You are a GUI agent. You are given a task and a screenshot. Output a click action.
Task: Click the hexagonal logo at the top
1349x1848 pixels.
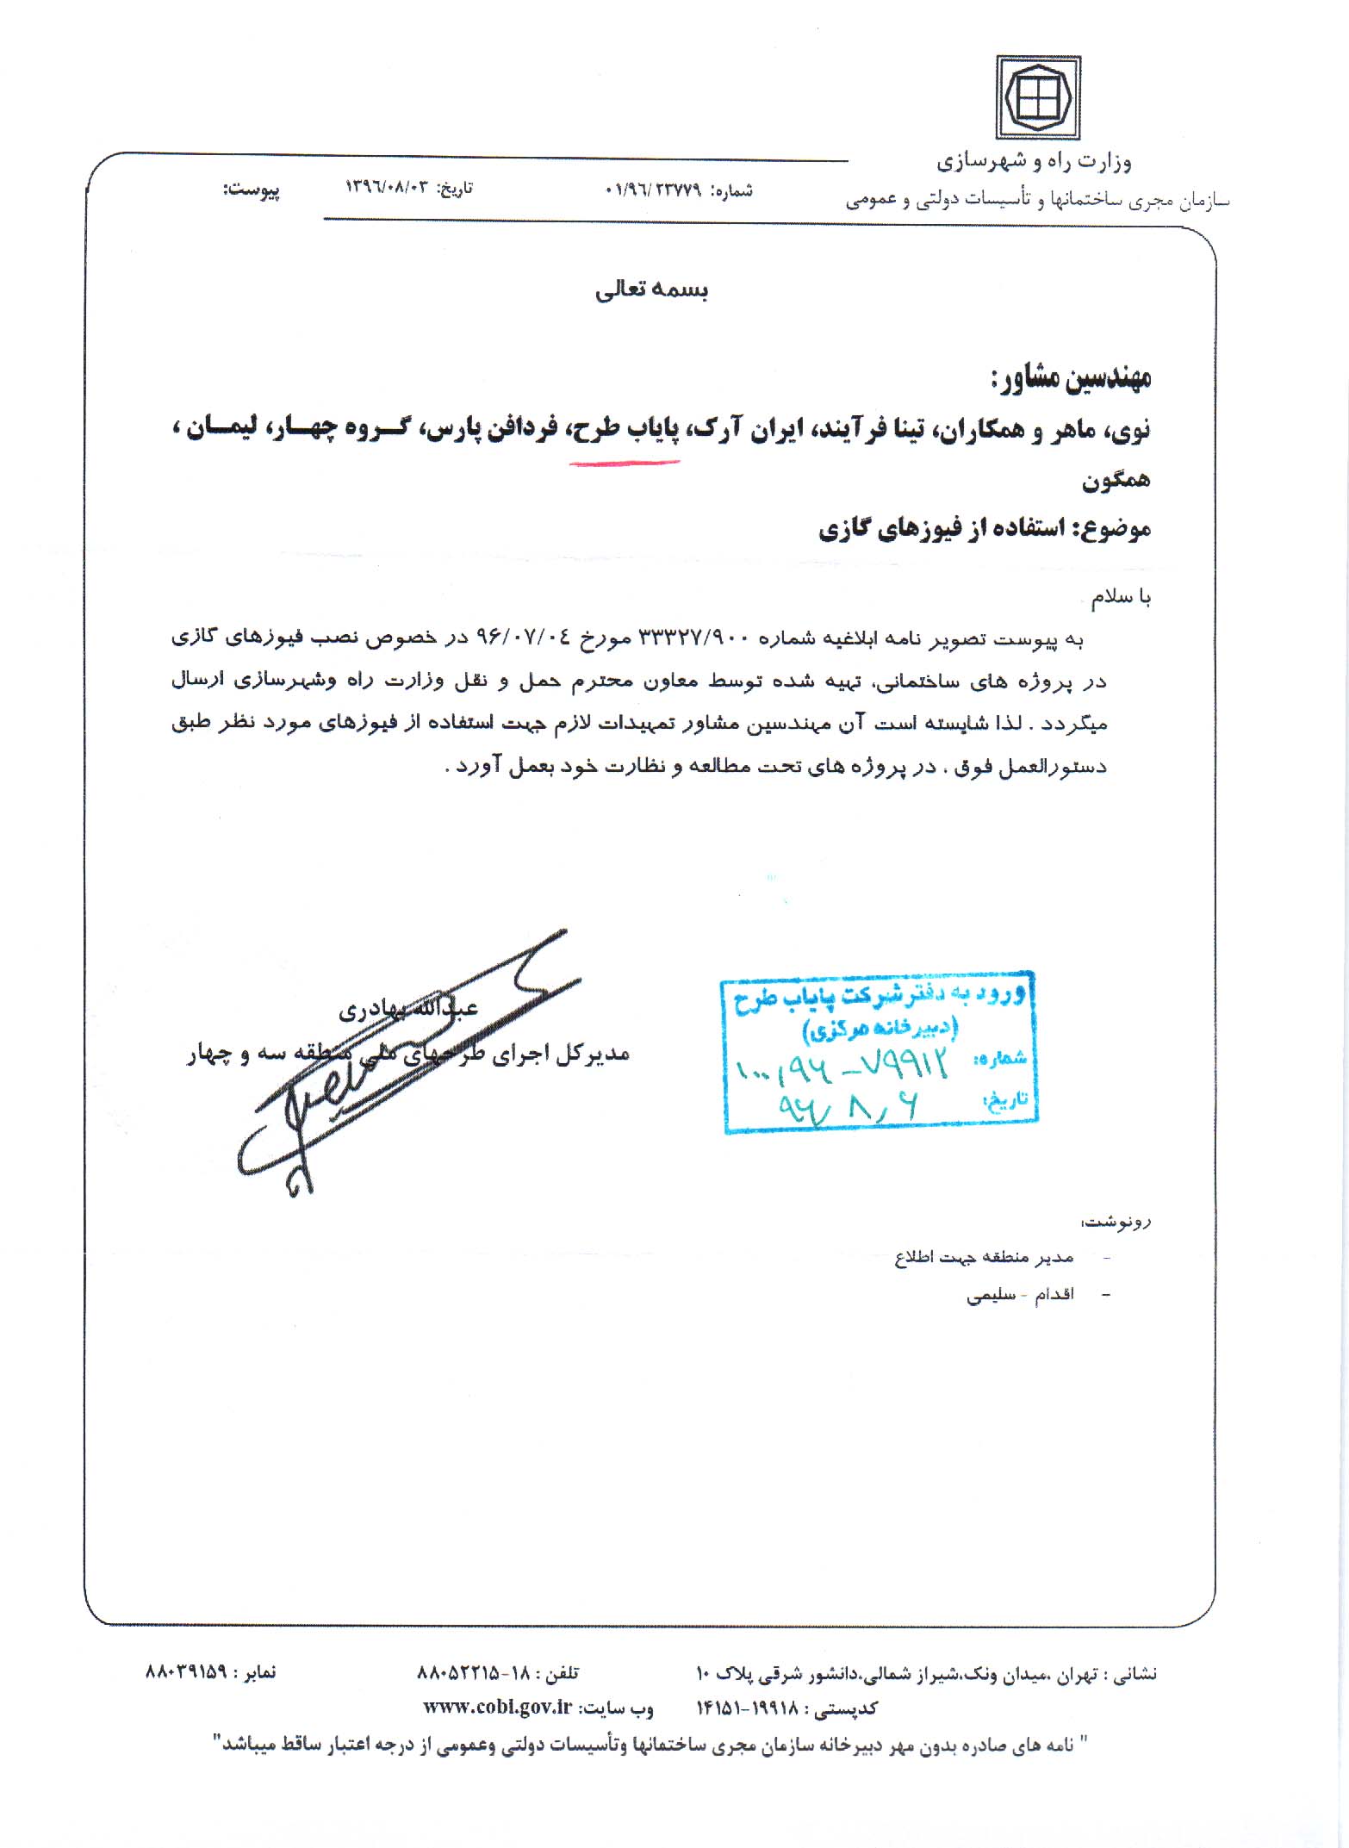coord(1038,98)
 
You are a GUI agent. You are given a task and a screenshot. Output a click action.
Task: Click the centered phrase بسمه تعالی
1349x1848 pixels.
coord(651,291)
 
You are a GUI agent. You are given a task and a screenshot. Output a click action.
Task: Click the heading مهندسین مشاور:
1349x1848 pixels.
coord(1070,379)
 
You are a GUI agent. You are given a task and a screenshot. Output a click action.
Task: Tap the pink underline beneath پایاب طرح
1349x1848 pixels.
coord(625,464)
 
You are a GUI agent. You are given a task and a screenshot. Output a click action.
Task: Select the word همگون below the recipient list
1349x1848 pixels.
coord(1116,480)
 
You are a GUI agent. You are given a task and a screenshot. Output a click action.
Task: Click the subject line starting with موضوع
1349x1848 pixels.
coord(985,528)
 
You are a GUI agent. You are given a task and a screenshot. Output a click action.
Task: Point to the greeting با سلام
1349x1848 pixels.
coord(1121,598)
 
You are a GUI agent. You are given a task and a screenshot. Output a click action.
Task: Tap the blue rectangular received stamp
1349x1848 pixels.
coord(880,1052)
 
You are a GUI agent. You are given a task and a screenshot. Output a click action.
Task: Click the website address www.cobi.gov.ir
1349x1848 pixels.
coord(498,1708)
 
